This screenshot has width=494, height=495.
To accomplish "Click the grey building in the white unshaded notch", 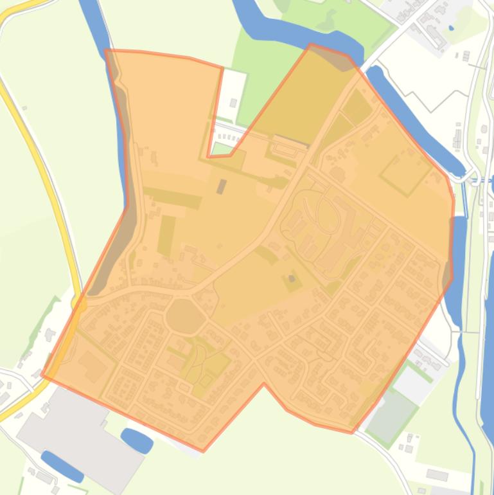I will pos(233,103).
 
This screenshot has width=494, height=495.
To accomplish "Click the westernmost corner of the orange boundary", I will pos(42,374).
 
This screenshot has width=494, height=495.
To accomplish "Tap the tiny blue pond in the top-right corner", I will pos(451,28).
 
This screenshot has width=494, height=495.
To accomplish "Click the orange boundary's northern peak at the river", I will pos(311,44).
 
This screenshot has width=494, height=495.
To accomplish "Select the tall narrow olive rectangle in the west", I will pos(166,235).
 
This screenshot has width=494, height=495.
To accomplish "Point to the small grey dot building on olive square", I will pos(292,278).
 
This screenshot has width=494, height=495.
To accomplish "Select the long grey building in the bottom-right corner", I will pos(437,475).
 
